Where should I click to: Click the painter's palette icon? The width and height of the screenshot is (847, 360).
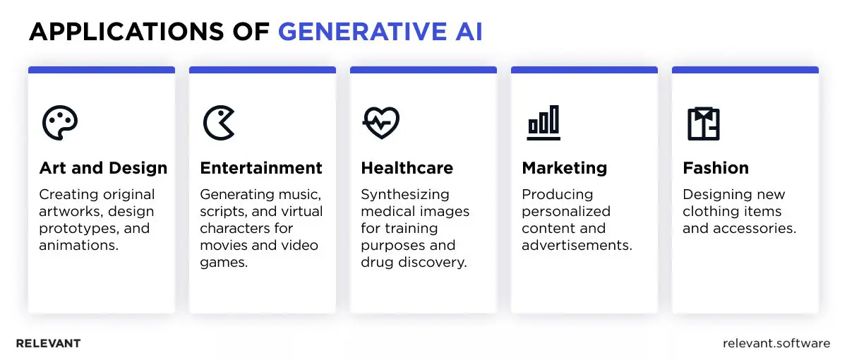click(59, 123)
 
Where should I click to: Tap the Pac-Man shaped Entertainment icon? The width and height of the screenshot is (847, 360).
click(219, 123)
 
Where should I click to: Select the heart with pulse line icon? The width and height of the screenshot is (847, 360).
click(381, 123)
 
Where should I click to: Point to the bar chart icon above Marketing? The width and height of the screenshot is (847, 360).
click(543, 123)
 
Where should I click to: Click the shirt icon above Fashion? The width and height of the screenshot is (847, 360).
click(704, 123)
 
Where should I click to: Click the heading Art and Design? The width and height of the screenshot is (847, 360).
click(103, 168)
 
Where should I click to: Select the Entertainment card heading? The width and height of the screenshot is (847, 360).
click(261, 168)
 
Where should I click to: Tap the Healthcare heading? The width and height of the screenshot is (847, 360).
click(407, 168)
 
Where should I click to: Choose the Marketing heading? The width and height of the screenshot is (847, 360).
click(564, 168)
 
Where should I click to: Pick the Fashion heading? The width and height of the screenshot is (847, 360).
click(716, 168)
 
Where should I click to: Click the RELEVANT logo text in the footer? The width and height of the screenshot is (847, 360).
click(48, 344)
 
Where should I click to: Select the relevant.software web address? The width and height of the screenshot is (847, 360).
click(776, 344)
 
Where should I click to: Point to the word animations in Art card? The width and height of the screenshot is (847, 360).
click(76, 246)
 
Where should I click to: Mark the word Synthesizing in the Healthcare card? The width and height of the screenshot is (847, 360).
click(405, 194)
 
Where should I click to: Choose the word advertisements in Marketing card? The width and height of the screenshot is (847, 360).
click(577, 246)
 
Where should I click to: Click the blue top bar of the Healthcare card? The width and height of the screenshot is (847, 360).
click(423, 70)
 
